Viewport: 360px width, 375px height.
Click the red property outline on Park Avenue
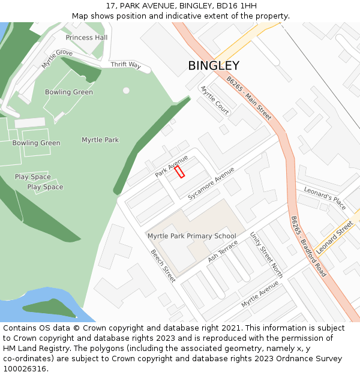pyautogui.click(x=179, y=172)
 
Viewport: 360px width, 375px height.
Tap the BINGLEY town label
pyautogui.click(x=214, y=66)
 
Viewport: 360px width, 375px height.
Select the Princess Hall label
pyautogui.click(x=86, y=37)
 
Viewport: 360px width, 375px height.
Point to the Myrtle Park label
pyautogui.click(x=100, y=140)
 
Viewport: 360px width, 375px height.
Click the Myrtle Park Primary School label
pyautogui.click(x=191, y=236)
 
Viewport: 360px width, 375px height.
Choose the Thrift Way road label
pyautogui.click(x=125, y=65)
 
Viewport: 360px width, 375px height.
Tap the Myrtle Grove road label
pyautogui.click(x=57, y=59)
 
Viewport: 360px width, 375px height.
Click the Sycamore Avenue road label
pyautogui.click(x=211, y=184)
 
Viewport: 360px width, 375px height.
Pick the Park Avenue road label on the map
pyautogui.click(x=172, y=166)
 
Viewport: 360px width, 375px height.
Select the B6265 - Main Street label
pyautogui.click(x=249, y=98)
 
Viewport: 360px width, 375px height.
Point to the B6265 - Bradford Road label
pyautogui.click(x=308, y=246)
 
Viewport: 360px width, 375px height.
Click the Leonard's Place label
pyautogui.click(x=325, y=197)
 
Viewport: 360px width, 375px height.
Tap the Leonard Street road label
pyautogui.click(x=335, y=238)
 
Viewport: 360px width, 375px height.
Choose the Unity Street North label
pyautogui.click(x=266, y=254)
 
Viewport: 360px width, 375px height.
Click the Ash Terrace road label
pyautogui.click(x=223, y=251)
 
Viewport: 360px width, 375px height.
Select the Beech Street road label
pyautogui.click(x=163, y=266)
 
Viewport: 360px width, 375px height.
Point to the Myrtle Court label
pyautogui.click(x=214, y=100)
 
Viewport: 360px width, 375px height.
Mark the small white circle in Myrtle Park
pyautogui.click(x=126, y=91)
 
